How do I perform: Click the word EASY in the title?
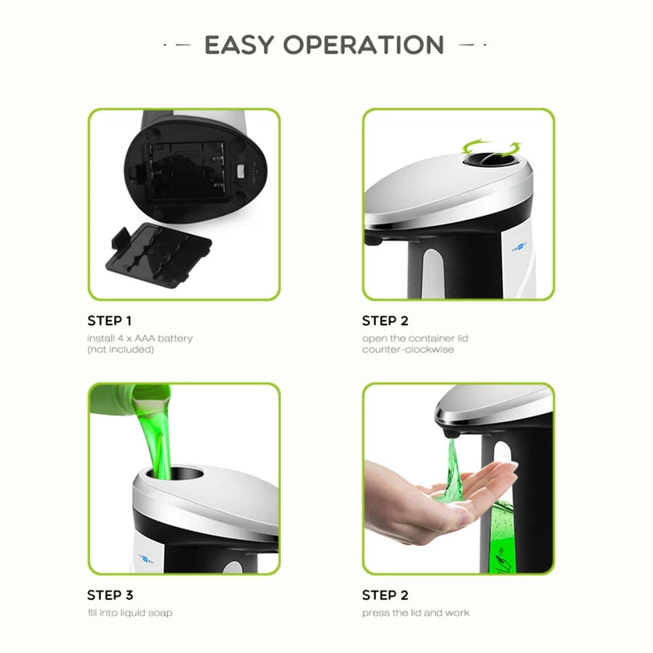[x=239, y=44]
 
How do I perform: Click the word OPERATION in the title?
[x=364, y=44]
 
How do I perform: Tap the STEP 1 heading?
[x=110, y=321]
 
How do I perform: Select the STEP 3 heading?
[x=110, y=595]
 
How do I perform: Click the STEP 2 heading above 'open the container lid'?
[x=385, y=321]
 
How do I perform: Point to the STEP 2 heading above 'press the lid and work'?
[x=385, y=595]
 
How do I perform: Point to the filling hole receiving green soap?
[x=175, y=473]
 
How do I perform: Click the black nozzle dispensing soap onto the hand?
[x=453, y=433]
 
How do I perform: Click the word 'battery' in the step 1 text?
[x=175, y=338]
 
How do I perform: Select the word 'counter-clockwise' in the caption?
[x=408, y=349]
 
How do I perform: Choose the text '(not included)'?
[x=121, y=349]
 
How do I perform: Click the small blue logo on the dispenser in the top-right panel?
[x=519, y=249]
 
